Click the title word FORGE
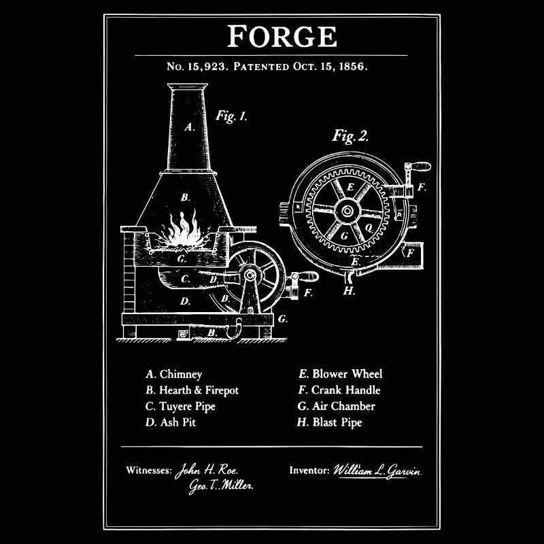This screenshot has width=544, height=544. pos(282,36)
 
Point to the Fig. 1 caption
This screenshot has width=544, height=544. pos(231,116)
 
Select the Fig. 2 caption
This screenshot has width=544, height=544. pos(350,135)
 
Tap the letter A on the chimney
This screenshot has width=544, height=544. pos(189,127)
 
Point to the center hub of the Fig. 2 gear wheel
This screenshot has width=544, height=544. pos(347,211)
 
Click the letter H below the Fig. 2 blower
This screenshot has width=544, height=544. pos(349,291)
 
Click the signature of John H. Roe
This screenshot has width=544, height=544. pos(207,471)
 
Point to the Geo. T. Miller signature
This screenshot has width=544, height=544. pos(221,486)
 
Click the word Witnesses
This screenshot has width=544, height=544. pos(149,471)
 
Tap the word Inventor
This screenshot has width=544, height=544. pos(309,471)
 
